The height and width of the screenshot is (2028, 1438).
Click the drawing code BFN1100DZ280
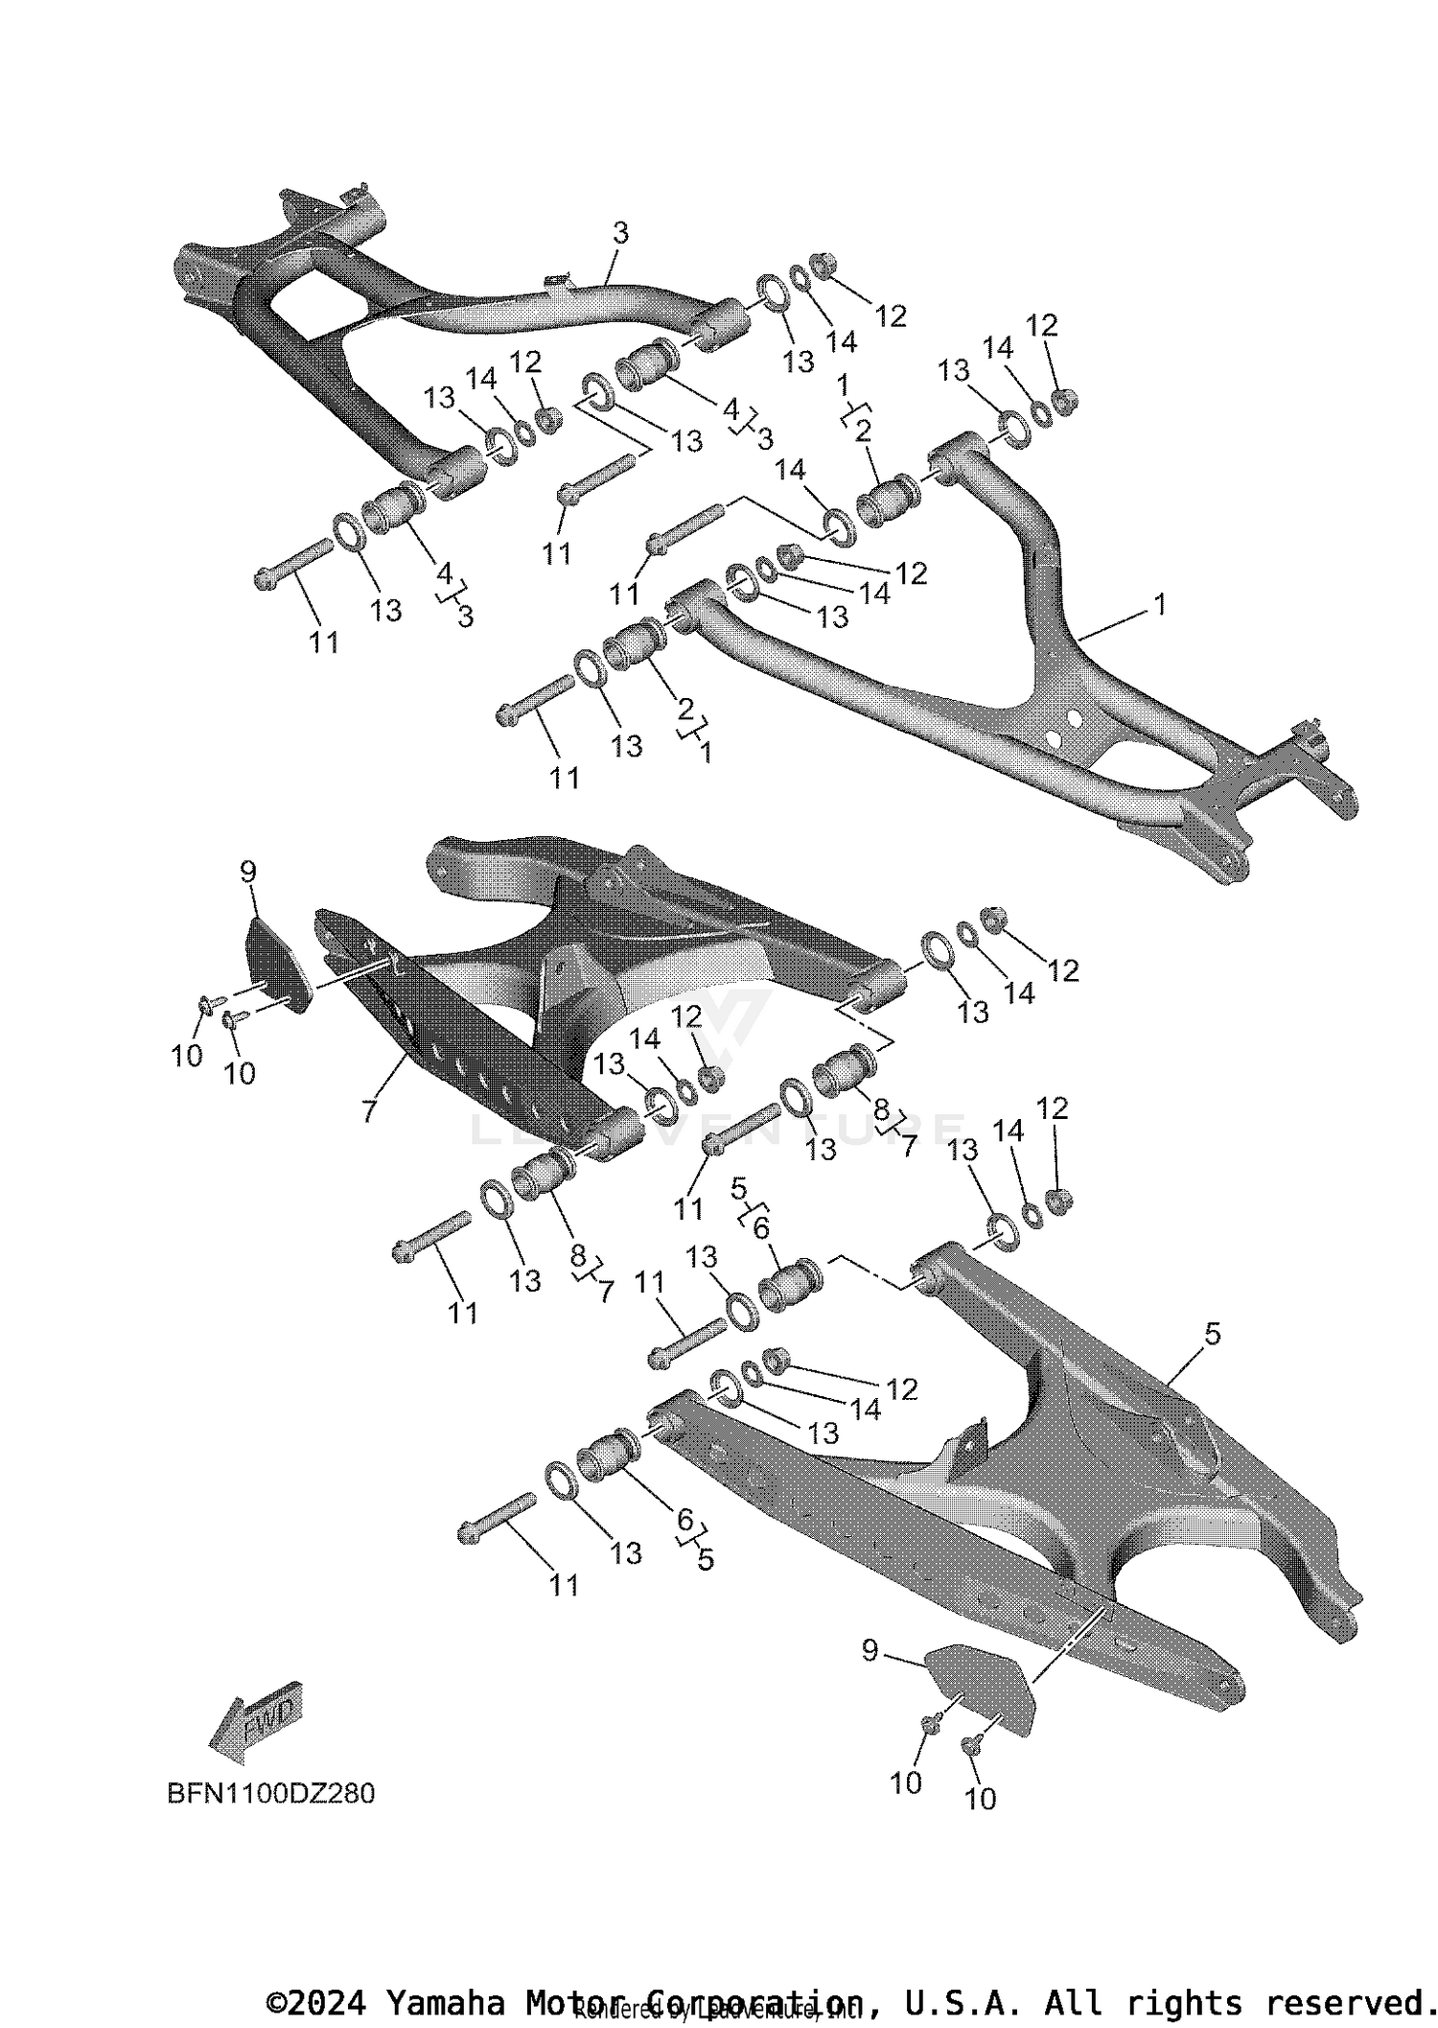click(271, 1793)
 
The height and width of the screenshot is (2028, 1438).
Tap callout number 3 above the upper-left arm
click(620, 233)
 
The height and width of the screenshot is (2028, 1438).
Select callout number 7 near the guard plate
click(369, 1111)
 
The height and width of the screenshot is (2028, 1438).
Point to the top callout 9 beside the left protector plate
click(247, 872)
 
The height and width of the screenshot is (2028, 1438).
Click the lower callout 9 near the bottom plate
click(870, 1650)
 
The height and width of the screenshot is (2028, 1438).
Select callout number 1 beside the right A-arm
click(1160, 605)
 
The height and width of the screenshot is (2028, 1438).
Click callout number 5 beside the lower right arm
click(1213, 1334)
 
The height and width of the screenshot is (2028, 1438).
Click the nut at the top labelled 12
click(823, 262)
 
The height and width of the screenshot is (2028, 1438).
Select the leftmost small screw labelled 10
click(206, 1004)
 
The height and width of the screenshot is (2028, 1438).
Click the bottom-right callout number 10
click(980, 1800)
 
